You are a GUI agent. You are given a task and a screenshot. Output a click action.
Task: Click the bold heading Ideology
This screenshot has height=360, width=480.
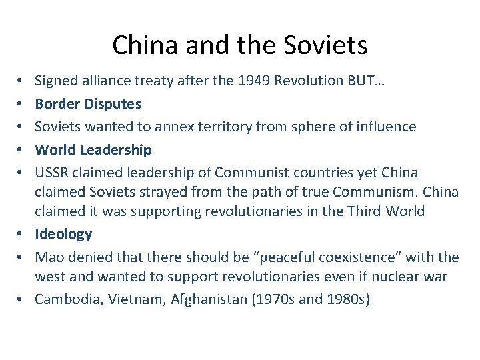[x=63, y=234]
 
